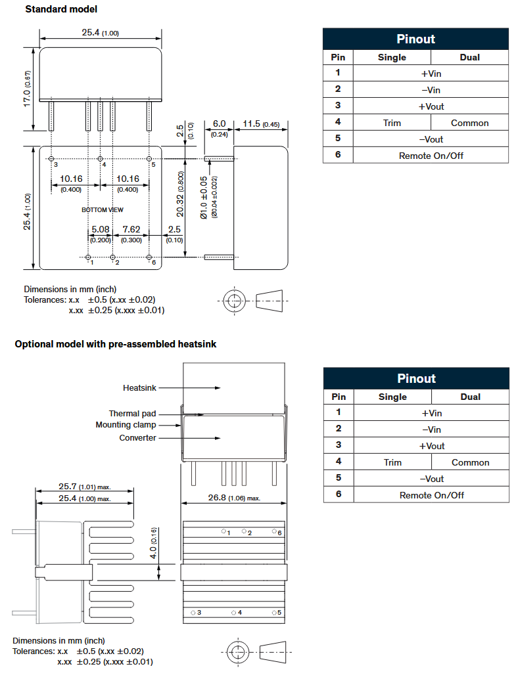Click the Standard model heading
pyautogui.click(x=61, y=9)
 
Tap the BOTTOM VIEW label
pyautogui.click(x=103, y=209)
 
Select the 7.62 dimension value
pyautogui.click(x=131, y=230)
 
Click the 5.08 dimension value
pyautogui.click(x=100, y=230)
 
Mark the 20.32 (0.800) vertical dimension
pyautogui.click(x=179, y=194)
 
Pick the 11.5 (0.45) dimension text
pyautogui.click(x=261, y=124)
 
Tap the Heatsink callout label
pyautogui.click(x=140, y=388)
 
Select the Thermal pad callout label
pyautogui.click(x=133, y=414)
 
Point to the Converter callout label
pyautogui.click(x=138, y=438)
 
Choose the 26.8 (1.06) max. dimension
pyautogui.click(x=234, y=498)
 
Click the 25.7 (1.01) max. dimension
pyautogui.click(x=85, y=487)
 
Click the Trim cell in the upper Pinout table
pyautogui.click(x=392, y=123)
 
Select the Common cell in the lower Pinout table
pyautogui.click(x=470, y=462)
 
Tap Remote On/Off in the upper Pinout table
pyautogui.click(x=431, y=156)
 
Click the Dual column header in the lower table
pyautogui.click(x=470, y=397)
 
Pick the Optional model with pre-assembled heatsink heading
pyautogui.click(x=116, y=344)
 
